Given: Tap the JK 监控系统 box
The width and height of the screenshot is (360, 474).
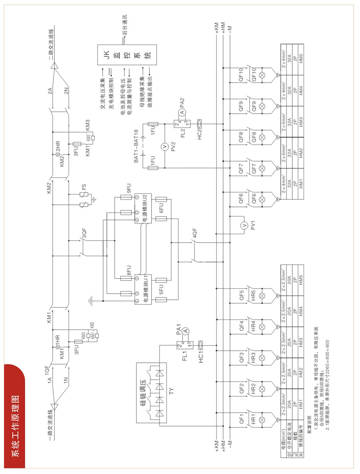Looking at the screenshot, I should click(127, 55).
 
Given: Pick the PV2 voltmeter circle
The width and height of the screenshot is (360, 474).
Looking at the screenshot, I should click(165, 146).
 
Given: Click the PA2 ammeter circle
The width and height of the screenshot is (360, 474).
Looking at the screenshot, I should click(182, 112).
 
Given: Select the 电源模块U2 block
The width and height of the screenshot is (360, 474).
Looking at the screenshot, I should click(143, 208).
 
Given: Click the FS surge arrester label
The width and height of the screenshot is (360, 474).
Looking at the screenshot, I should click(84, 187).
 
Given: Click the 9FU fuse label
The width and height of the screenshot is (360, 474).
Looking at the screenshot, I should click(129, 188).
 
